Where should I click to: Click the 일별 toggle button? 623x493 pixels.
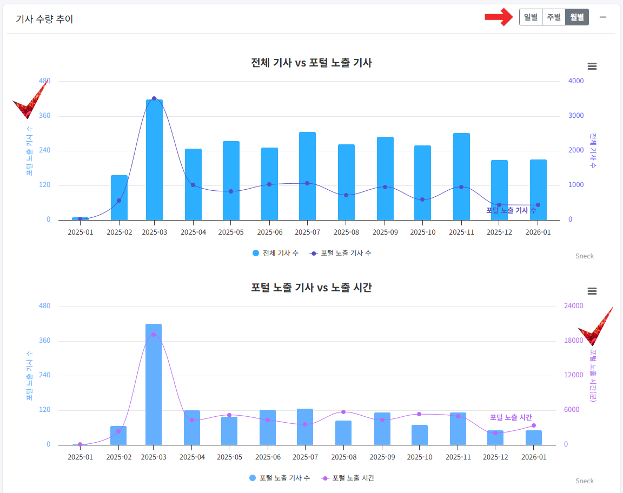point(531,17)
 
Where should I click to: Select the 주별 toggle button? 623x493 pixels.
point(553,17)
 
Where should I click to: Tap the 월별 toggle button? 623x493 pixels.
point(577,17)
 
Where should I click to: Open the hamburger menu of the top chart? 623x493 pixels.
point(592,66)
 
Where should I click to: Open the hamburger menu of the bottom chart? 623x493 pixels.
point(592,291)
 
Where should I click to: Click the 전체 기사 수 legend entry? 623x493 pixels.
point(276,253)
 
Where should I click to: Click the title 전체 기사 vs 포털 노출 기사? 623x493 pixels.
point(311,63)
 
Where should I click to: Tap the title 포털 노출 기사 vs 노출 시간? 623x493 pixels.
point(311,288)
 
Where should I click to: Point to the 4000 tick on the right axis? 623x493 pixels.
point(576,81)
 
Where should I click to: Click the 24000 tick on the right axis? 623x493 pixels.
point(574,306)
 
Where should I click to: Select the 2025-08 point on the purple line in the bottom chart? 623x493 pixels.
point(343,412)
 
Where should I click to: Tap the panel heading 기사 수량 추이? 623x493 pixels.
point(44,19)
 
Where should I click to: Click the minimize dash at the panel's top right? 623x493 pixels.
point(603,17)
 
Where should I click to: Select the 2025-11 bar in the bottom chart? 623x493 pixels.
point(458,429)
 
